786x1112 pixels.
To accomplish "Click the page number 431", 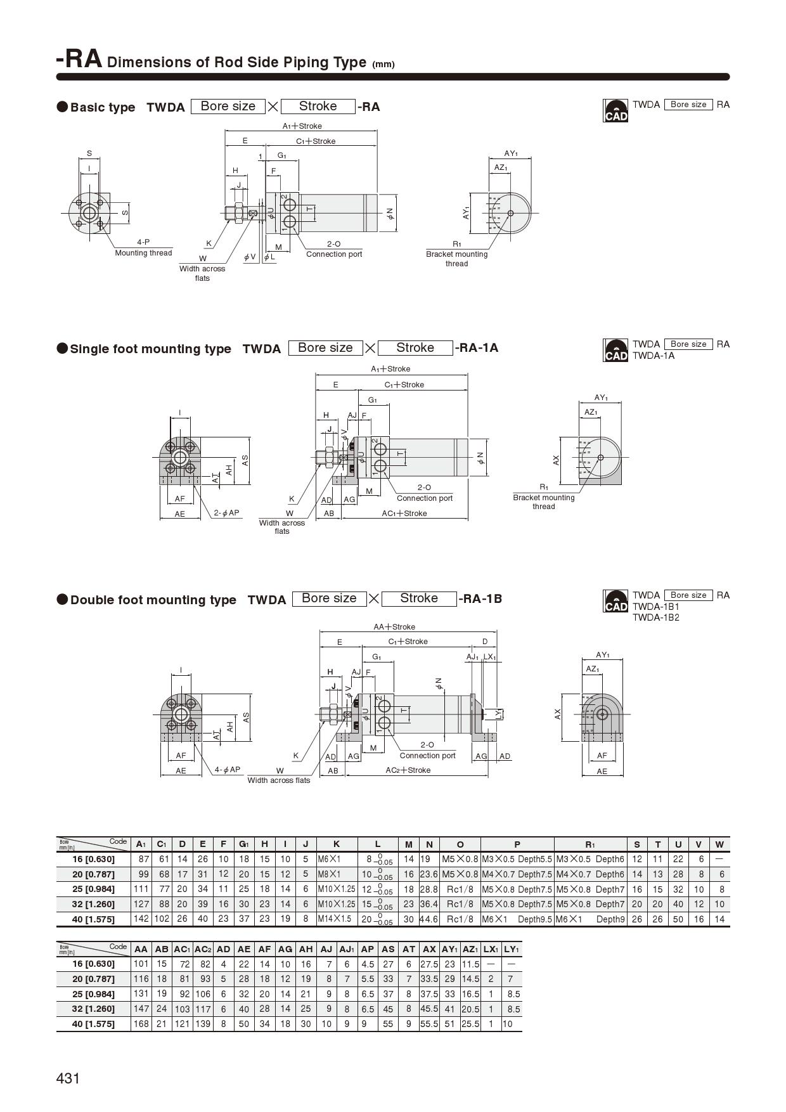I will (68, 1078).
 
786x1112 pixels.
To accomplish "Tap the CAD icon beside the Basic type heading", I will (615, 110).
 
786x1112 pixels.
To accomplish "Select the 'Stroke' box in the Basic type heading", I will (318, 106).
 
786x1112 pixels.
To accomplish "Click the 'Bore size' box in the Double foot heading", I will (329, 598).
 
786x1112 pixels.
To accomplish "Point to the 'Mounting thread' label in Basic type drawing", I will (143, 253).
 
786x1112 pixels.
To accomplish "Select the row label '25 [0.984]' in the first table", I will (94, 889).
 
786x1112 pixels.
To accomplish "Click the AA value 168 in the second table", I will (141, 1023).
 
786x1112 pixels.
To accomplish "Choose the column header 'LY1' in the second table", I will (511, 948).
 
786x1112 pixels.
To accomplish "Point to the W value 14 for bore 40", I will (719, 919).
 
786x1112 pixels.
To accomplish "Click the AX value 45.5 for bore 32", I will (429, 1009).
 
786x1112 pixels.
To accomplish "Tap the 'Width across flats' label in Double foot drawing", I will (279, 780).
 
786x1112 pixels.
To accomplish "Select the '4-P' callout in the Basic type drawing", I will (143, 242).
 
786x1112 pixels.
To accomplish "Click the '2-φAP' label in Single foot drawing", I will (226, 512).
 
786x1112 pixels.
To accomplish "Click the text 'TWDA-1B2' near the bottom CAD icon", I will (655, 617).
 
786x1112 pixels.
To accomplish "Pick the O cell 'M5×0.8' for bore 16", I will (460, 859).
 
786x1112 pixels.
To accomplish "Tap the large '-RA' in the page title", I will (79, 59).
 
